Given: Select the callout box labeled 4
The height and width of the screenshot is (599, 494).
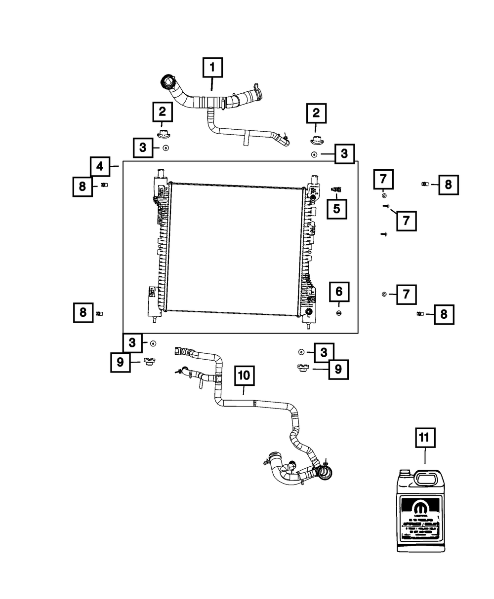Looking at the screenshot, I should (100, 167).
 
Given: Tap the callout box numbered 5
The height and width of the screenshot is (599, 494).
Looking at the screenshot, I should (336, 209).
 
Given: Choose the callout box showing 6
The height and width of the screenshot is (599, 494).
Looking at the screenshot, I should (339, 292).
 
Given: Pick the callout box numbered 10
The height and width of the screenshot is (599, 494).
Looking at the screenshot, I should (244, 376).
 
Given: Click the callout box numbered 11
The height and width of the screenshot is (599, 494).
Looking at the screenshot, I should (425, 438).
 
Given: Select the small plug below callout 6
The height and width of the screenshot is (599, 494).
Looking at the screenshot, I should (339, 313).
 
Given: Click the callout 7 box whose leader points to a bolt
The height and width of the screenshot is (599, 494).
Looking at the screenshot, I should (406, 221).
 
